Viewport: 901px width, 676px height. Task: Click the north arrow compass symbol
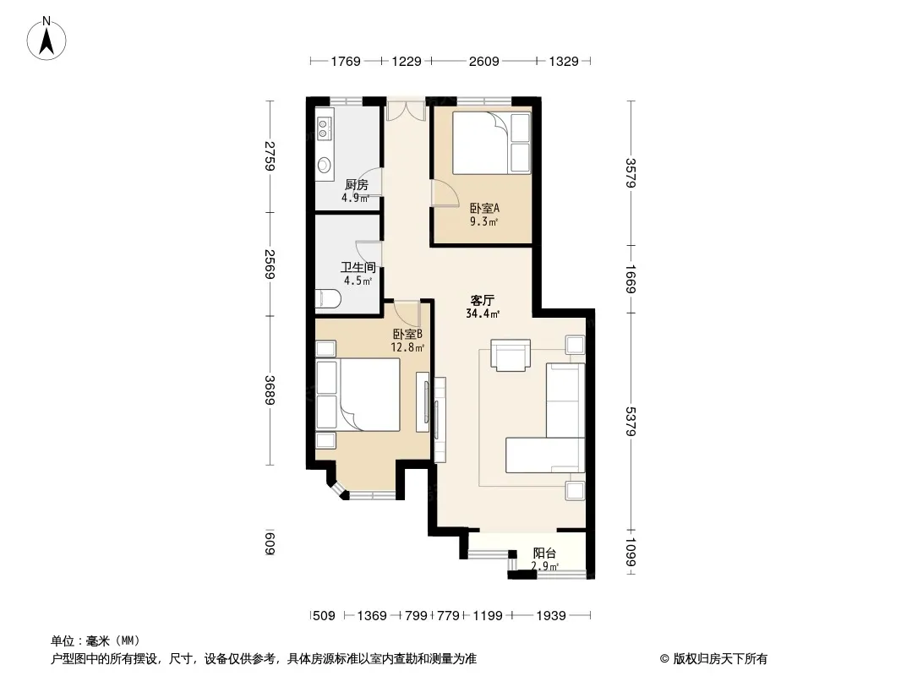46,39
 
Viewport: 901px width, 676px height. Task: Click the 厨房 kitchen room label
357,185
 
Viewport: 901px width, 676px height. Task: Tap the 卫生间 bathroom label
358,268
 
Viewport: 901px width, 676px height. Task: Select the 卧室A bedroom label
484,209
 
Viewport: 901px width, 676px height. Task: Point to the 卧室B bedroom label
407,335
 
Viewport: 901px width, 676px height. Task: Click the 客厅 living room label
482,300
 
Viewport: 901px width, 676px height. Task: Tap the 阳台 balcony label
544,553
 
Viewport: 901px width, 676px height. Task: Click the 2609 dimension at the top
483,62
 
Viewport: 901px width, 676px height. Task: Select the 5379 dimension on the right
631,421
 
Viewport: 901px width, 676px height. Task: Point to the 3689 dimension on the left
270,390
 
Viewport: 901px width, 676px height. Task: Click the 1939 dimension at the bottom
551,616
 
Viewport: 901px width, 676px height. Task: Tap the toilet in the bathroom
328,299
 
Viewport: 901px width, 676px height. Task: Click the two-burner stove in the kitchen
323,128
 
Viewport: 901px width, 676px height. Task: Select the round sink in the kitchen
324,166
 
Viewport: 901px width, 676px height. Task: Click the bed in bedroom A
481,143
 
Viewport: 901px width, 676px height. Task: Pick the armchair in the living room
511,355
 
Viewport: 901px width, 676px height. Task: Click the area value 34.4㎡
483,313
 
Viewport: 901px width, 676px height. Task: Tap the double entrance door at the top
406,111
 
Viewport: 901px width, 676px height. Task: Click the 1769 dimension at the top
346,62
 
